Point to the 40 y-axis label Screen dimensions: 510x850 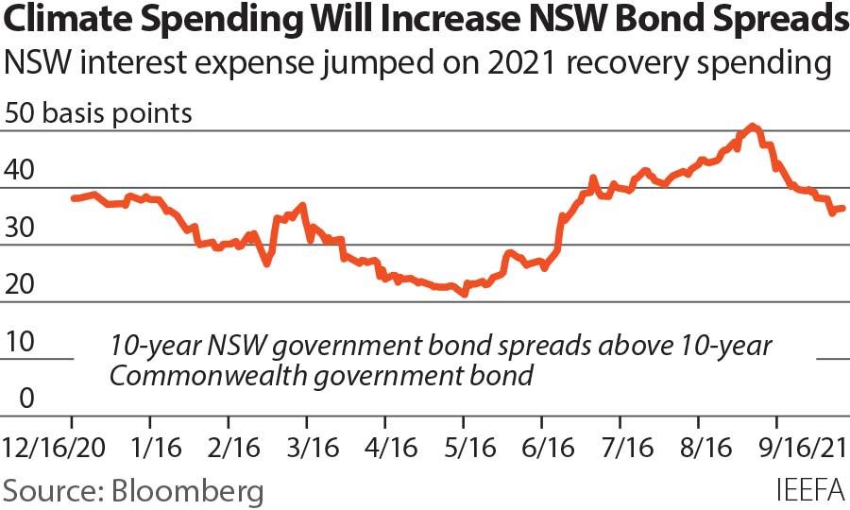20,171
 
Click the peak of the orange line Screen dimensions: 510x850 752,126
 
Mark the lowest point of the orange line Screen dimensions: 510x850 464,294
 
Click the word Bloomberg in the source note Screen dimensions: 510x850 187,490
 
